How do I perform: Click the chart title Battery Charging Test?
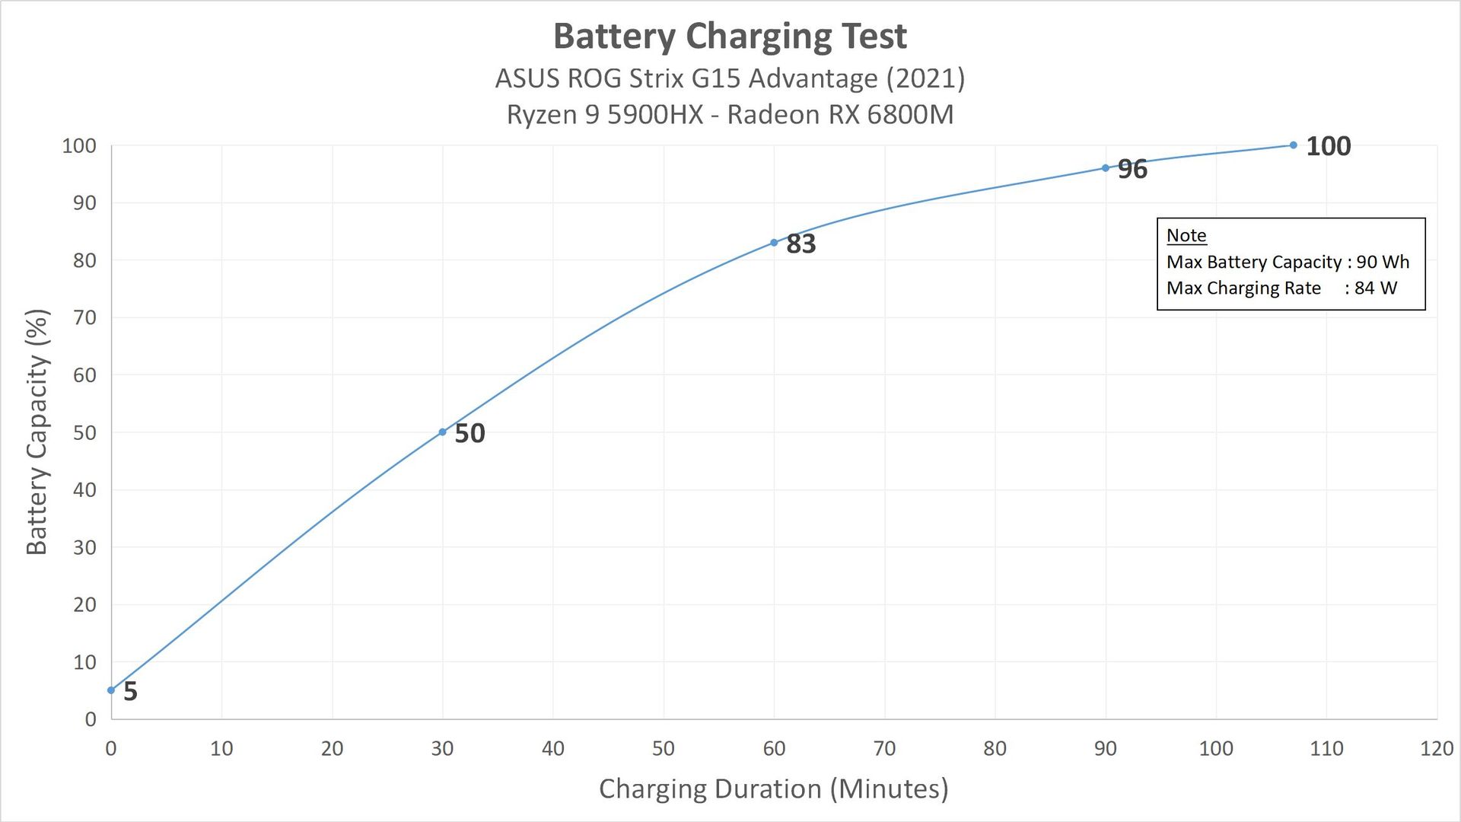[x=730, y=36]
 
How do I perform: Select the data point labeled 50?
[x=442, y=432]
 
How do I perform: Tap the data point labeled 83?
[x=774, y=243]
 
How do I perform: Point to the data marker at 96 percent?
[x=1106, y=168]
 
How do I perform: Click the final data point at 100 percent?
[x=1294, y=145]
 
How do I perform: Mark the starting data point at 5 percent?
[x=111, y=690]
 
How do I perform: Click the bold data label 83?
[x=801, y=244]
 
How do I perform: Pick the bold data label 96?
[x=1132, y=170]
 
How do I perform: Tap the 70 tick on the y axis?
[x=84, y=317]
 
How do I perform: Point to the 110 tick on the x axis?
[x=1326, y=748]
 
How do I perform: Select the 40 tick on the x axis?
[x=553, y=748]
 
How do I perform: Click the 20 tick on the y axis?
[x=84, y=604]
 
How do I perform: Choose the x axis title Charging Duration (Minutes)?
[x=773, y=789]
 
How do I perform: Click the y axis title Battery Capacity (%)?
[x=37, y=432]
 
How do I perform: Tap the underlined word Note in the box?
[x=1186, y=235]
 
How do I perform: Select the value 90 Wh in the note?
[x=1383, y=262]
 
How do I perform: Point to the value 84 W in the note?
[x=1376, y=288]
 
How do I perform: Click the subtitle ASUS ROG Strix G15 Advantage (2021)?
[x=730, y=78]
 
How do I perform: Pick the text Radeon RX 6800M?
[x=840, y=114]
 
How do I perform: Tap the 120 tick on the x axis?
[x=1437, y=748]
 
